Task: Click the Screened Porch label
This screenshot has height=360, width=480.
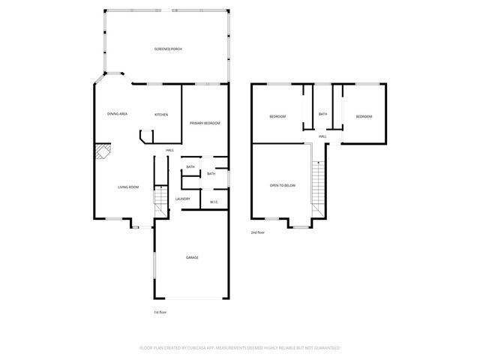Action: click(168, 49)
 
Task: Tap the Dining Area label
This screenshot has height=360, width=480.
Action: click(117, 114)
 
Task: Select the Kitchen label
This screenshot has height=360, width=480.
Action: click(161, 115)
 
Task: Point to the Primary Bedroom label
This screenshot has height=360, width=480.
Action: click(205, 123)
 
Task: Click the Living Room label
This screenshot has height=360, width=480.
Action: click(128, 187)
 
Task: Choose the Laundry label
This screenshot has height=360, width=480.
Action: click(182, 199)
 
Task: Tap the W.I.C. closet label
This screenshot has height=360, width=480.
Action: click(214, 201)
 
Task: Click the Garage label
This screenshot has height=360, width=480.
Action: click(193, 257)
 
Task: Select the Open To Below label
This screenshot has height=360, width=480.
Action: click(283, 185)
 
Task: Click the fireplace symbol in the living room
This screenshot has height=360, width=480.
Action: click(101, 152)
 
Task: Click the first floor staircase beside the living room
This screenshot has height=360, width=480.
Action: click(160, 201)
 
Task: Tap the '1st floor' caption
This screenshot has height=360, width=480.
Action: click(160, 311)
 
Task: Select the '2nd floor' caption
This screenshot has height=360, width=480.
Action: click(257, 232)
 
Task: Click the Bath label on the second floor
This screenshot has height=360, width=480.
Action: click(322, 114)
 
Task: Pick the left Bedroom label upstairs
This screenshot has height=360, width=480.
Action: click(278, 116)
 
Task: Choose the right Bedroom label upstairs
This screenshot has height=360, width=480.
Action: click(364, 116)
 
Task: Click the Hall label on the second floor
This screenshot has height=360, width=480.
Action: click(322, 136)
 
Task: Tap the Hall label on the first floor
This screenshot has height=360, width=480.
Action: click(170, 150)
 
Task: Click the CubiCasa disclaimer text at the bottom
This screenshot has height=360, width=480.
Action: click(240, 348)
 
